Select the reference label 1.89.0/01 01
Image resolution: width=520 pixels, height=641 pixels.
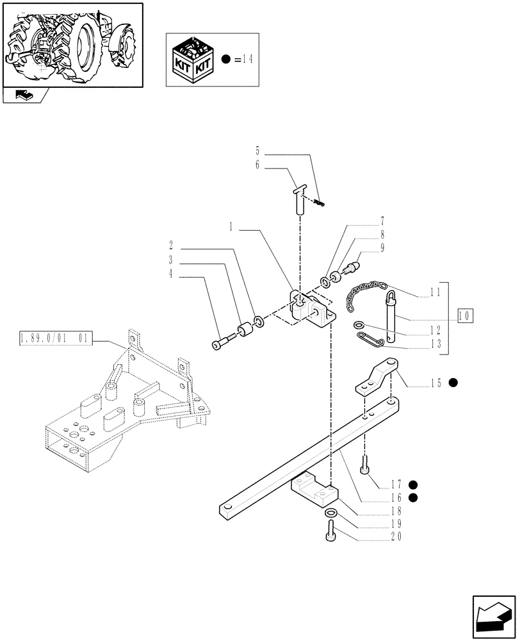click(56, 337)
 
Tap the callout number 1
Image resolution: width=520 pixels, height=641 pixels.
click(231, 228)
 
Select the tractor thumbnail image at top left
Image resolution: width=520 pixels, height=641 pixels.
click(72, 43)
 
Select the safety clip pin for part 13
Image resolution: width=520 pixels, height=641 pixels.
click(368, 338)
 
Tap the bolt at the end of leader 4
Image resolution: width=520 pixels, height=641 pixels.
click(222, 344)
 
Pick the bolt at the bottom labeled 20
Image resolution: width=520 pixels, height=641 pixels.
click(330, 531)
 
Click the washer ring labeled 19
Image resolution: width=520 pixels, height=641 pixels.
click(330, 514)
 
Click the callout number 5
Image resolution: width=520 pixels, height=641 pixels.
click(257, 152)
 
